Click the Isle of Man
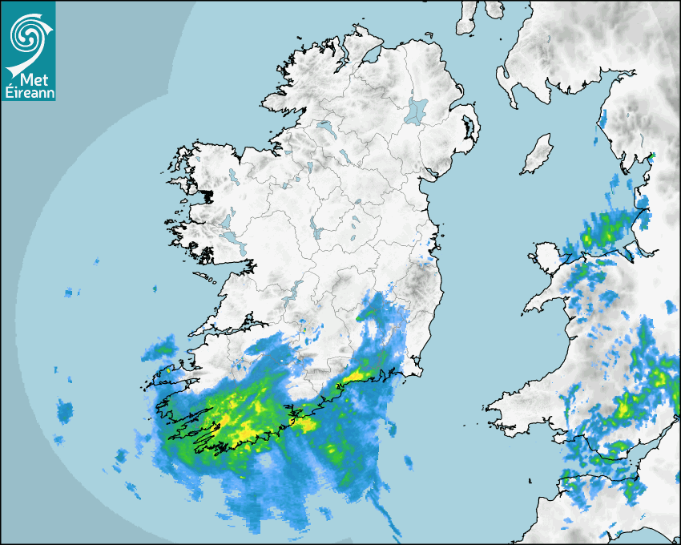click(x=537, y=155)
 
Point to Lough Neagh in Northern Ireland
click(x=417, y=111)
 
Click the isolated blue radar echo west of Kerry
click(x=64, y=412)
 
